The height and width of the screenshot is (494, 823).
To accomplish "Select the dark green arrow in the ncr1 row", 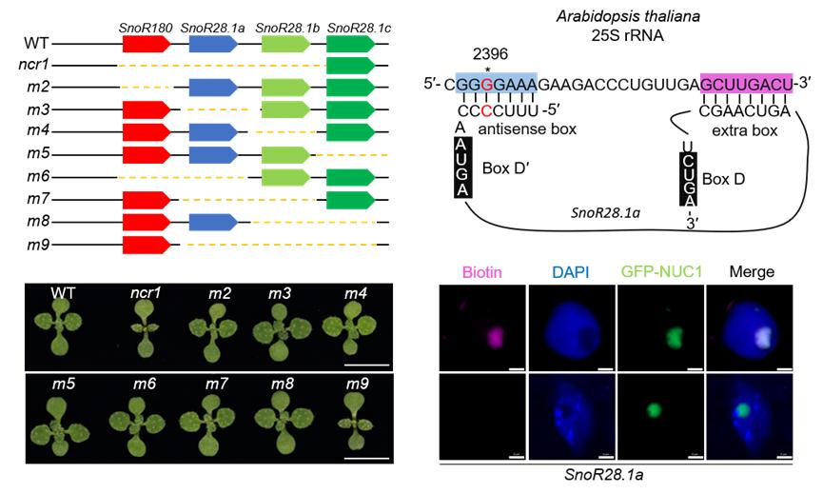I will pos(349,67).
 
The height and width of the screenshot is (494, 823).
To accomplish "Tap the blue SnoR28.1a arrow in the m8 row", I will pos(215,223).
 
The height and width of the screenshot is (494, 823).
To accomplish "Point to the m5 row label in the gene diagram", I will pos(39,155).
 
